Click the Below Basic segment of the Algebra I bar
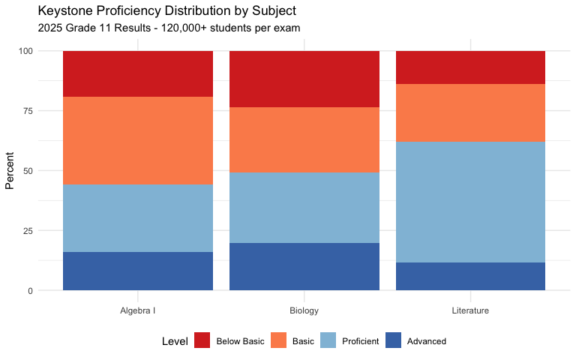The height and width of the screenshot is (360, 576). (x=138, y=73)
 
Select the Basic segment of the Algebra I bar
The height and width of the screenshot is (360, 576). (x=138, y=140)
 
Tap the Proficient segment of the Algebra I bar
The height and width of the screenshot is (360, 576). (x=138, y=217)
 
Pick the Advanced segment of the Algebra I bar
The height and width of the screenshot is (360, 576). (x=138, y=271)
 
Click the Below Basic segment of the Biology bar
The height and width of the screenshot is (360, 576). (x=304, y=79)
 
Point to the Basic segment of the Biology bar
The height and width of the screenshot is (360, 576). (x=304, y=139)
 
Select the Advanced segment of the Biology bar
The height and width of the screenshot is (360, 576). (x=304, y=266)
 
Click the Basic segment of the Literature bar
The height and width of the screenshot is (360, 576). (x=470, y=112)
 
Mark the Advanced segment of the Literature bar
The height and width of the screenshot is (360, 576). (x=470, y=276)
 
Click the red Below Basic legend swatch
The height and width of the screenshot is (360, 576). (x=202, y=341)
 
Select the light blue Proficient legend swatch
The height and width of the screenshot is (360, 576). (x=328, y=341)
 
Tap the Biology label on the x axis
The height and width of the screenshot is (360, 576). (x=304, y=310)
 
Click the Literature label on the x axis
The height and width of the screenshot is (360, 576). (x=470, y=310)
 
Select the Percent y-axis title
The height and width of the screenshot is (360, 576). (x=10, y=171)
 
